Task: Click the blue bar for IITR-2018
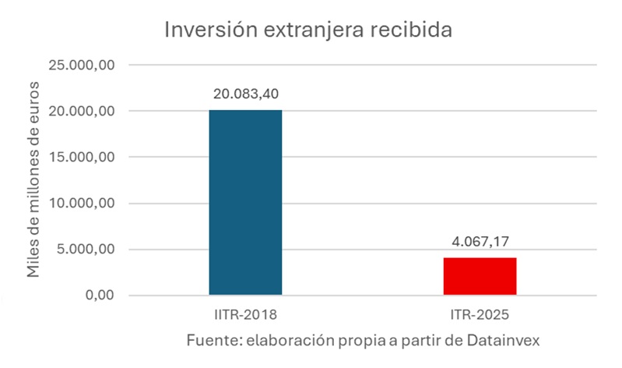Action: click(x=245, y=203)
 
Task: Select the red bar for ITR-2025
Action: click(x=480, y=276)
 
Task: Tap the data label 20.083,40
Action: click(x=245, y=94)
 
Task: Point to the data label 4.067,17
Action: click(x=480, y=242)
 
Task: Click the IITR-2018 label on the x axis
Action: click(x=245, y=316)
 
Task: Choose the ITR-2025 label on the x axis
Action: click(x=480, y=316)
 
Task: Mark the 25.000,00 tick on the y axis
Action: click(x=82, y=65)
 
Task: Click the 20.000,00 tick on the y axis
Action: click(x=82, y=111)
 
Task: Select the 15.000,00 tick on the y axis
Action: click(x=82, y=157)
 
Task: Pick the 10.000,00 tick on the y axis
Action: click(x=82, y=203)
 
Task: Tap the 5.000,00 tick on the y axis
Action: click(x=86, y=249)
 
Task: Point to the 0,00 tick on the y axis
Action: click(x=97, y=295)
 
